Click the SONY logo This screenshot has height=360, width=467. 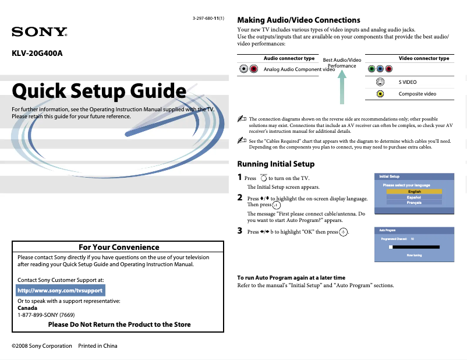pos(40,31)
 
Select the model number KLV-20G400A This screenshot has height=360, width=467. pos(37,54)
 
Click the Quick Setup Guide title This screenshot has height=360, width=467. pos(99,91)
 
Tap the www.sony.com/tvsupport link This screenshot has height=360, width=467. pos(61,290)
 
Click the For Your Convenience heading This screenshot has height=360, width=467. pos(118,247)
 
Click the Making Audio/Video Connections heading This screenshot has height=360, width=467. pos(299,20)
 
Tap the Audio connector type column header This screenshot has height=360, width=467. pos(289,59)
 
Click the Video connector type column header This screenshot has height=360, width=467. pos(423,59)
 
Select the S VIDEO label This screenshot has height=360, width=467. pos(408,82)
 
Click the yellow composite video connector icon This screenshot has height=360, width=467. pos(380,93)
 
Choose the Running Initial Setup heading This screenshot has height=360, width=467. pos(275,164)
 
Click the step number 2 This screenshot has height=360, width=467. pos(240,197)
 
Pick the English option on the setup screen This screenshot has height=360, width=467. pos(414,192)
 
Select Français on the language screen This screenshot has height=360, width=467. pos(414,203)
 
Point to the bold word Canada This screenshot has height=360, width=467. pos(27,308)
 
